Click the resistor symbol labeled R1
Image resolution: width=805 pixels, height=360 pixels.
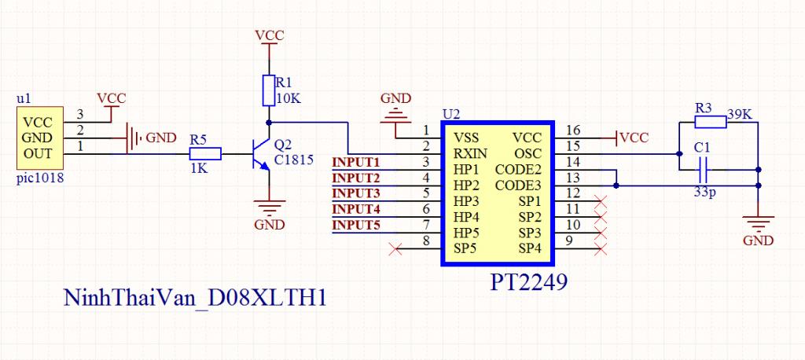pos(269,90)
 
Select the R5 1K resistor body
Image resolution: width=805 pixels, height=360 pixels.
pos(205,153)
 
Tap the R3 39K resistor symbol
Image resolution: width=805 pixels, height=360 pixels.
pos(711,122)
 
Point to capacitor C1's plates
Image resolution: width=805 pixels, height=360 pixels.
pos(704,170)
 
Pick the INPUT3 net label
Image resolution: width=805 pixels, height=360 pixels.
pos(356,193)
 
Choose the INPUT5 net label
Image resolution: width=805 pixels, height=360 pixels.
pos(356,225)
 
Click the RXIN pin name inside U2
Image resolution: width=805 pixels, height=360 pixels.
pos(470,153)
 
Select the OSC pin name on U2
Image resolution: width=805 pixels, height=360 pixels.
pos(530,153)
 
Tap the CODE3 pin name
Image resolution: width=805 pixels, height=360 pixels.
pos(519,185)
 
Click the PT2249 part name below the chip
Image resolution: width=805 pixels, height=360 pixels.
pos(529,282)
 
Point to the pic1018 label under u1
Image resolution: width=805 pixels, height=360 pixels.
pos(41,179)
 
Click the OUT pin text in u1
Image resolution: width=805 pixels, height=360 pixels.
pos(38,153)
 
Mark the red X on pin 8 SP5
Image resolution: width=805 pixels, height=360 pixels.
pos(395,250)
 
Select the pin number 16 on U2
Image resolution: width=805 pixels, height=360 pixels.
pos(573,131)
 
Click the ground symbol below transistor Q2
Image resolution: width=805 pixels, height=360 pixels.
pos(269,208)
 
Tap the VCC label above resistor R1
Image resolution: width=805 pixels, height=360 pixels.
pos(270,35)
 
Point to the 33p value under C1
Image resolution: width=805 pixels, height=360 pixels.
pos(703,192)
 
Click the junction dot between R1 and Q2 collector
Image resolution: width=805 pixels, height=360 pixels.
pos(269,122)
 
